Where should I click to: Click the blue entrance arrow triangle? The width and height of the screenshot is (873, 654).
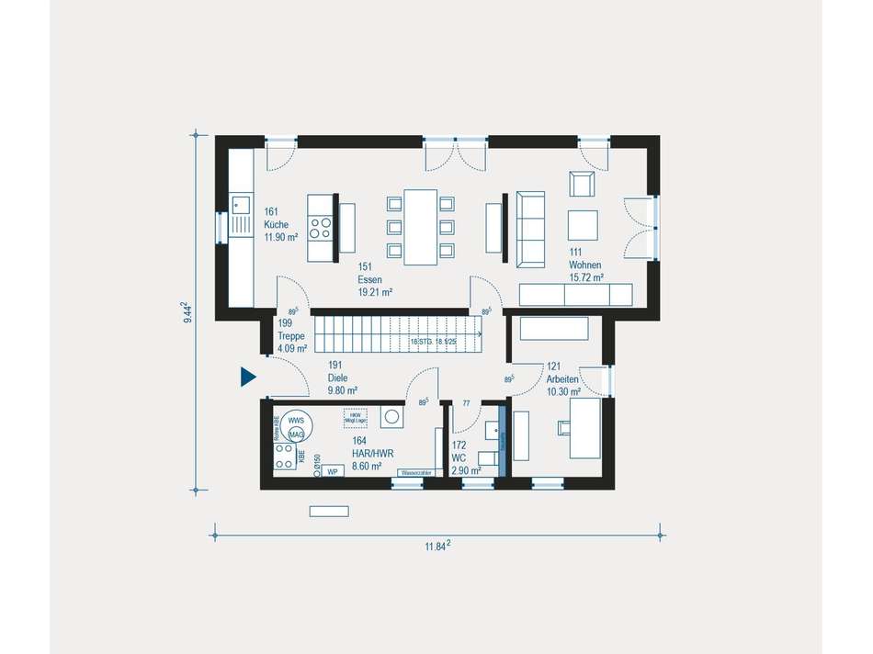247,377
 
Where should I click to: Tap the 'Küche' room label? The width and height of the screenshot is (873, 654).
277,224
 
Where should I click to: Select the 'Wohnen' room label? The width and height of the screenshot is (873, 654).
584,265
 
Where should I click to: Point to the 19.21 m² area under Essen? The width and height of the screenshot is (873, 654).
375,292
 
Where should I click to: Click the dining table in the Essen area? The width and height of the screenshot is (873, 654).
421,226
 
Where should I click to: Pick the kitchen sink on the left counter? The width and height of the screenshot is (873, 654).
242,203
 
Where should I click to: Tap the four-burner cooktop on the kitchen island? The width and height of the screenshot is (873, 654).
320,227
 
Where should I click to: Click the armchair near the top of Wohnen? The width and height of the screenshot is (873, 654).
581,185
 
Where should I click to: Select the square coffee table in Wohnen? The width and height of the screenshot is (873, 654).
582,225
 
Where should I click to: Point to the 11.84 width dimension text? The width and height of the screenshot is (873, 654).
436,547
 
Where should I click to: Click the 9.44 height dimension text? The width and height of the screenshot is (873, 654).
187,312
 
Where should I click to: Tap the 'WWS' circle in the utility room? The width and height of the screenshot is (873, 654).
296,421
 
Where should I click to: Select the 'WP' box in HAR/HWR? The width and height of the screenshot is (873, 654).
332,470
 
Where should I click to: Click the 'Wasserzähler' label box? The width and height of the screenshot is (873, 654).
415,472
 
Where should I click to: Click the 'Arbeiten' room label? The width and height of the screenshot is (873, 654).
562,378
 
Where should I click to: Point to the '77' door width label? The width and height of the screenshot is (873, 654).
466,403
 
